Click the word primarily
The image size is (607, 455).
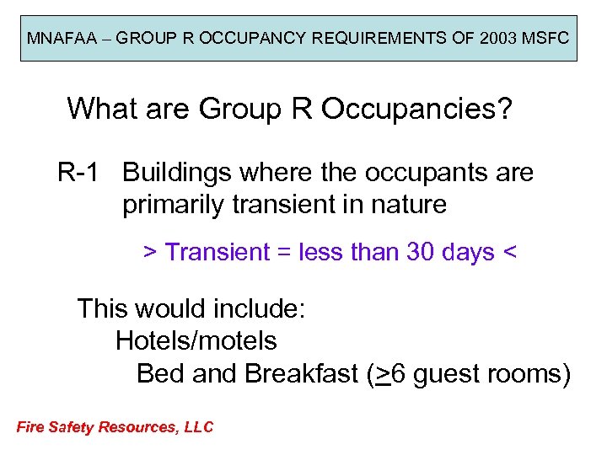(x=172, y=205)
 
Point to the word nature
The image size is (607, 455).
(x=406, y=205)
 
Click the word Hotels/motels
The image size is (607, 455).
(x=196, y=341)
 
